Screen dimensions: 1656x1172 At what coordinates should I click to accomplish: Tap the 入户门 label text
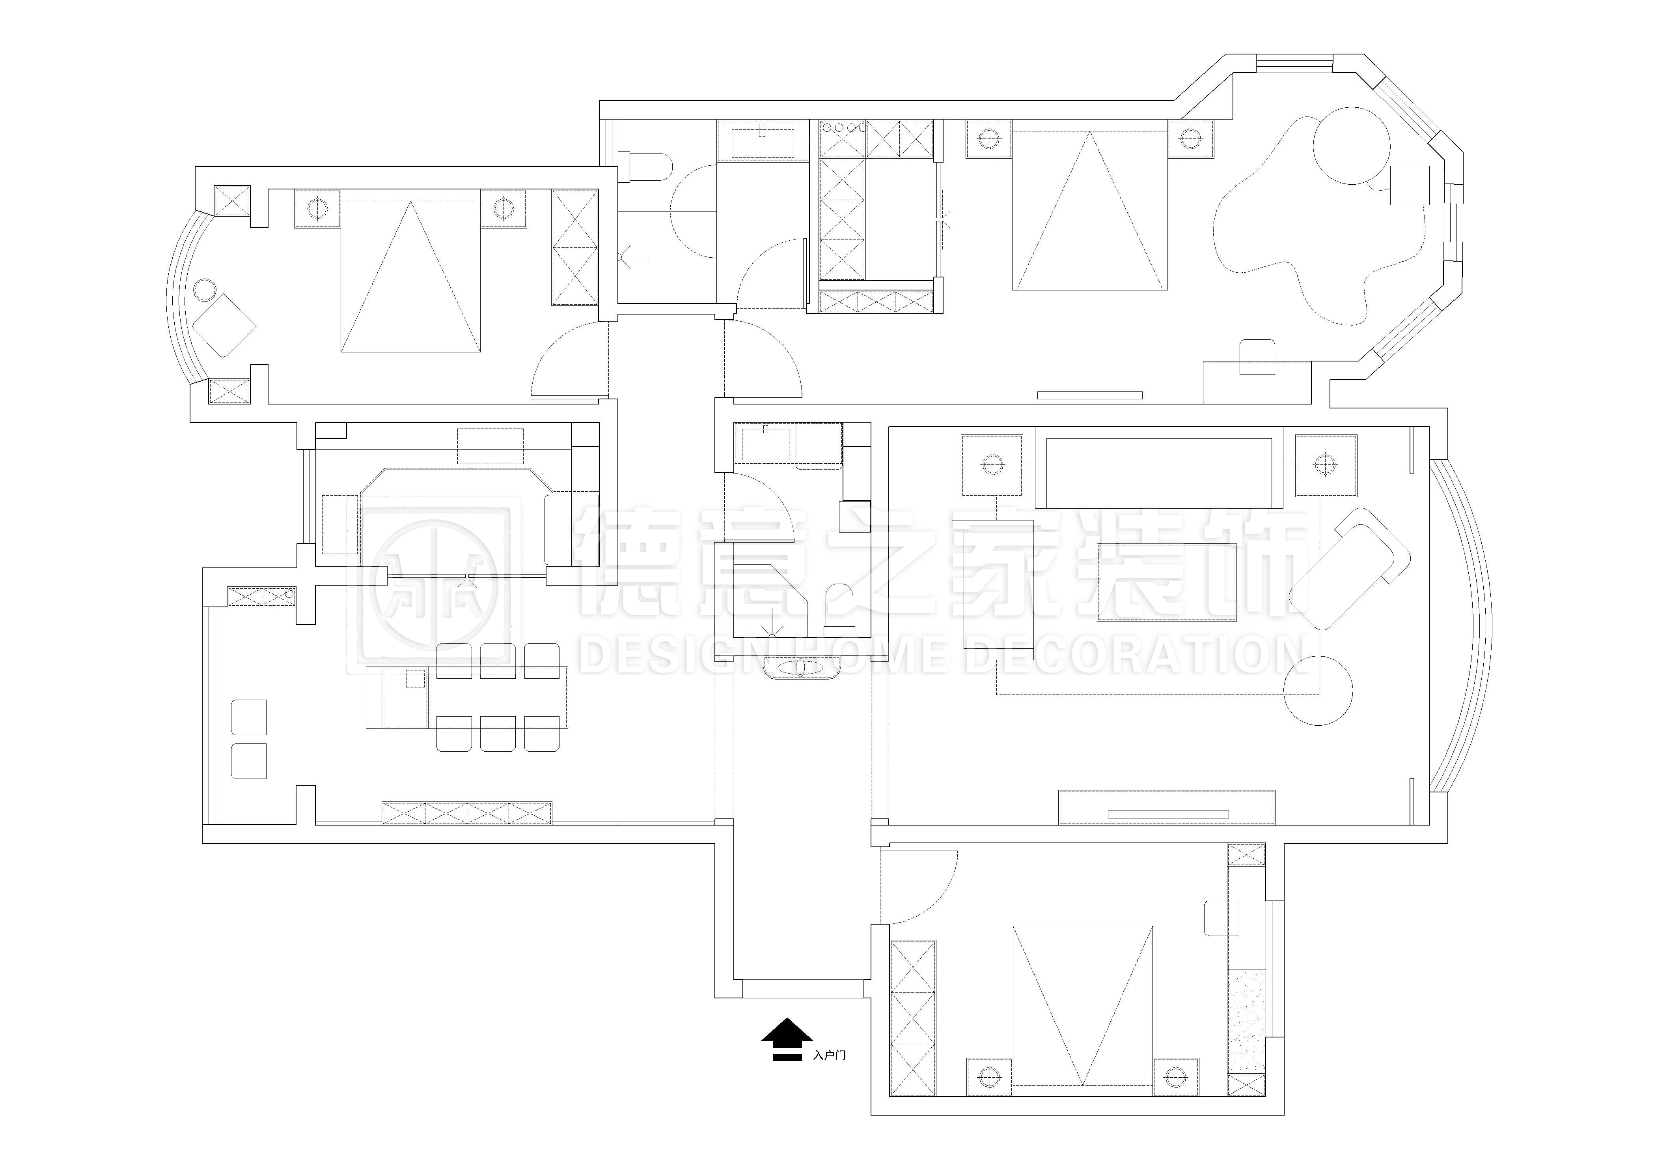[830, 1055]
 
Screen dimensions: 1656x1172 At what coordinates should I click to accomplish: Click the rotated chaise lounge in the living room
[1349, 568]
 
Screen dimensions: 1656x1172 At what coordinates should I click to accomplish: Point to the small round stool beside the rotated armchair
[205, 289]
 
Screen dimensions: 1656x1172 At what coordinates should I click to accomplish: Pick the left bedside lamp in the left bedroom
[317, 209]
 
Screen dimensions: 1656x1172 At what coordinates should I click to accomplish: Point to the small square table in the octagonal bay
[1409, 185]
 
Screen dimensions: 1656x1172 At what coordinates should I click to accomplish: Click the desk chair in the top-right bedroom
[1257, 356]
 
